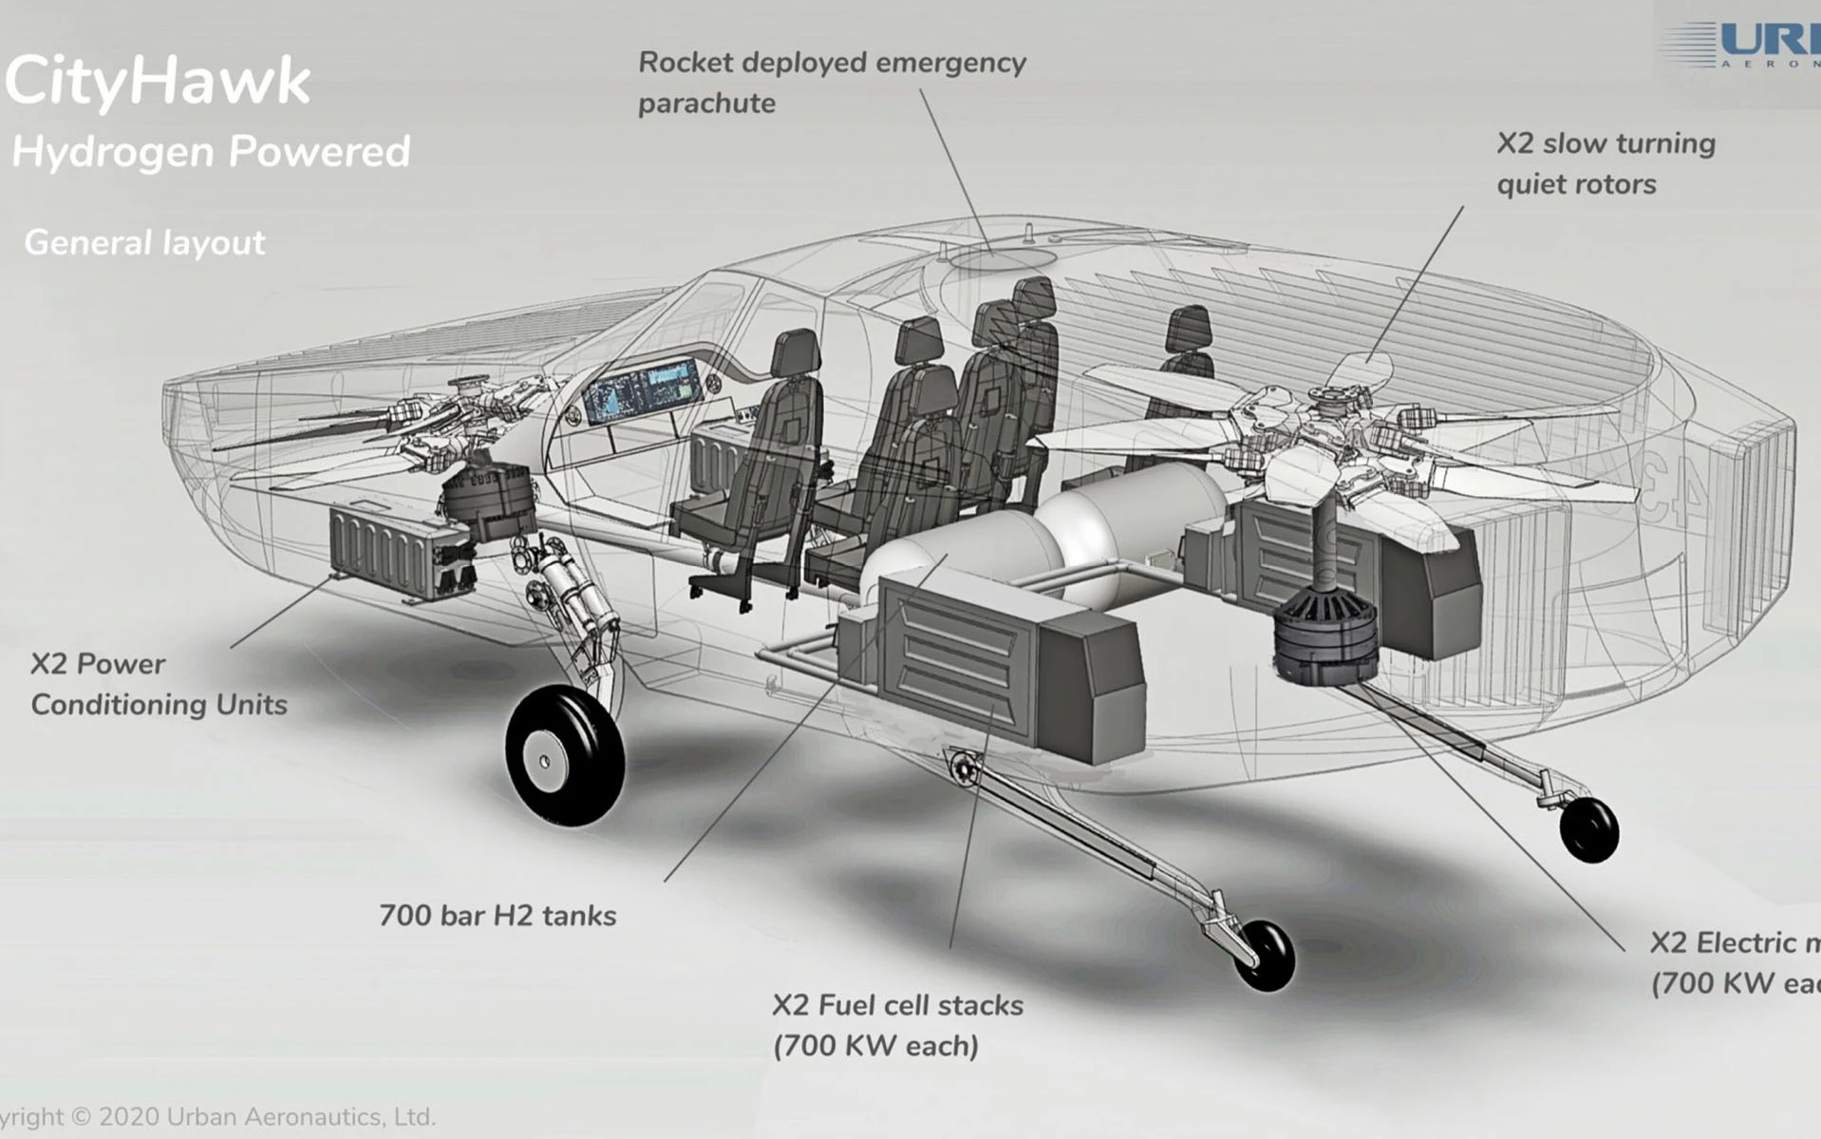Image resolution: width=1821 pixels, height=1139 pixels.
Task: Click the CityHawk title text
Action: point(158,80)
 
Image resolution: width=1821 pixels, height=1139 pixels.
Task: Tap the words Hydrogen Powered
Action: point(211,152)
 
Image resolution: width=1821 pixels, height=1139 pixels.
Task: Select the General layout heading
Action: point(144,243)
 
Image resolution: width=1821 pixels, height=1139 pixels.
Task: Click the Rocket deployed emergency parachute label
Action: point(832,83)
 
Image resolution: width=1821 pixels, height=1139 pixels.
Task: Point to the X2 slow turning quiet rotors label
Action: point(1605,163)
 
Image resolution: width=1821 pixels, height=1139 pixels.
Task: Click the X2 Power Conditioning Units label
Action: point(159,684)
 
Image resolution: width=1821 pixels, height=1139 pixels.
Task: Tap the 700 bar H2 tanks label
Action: point(497,916)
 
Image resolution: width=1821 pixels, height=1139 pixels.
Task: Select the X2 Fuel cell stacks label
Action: point(897,1025)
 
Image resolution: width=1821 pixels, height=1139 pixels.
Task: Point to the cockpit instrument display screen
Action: point(642,389)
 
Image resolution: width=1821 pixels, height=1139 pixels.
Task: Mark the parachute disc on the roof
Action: point(1003,257)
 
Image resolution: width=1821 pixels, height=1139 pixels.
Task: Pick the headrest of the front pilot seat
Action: point(796,353)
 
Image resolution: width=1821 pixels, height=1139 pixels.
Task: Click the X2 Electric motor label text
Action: point(1734,962)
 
